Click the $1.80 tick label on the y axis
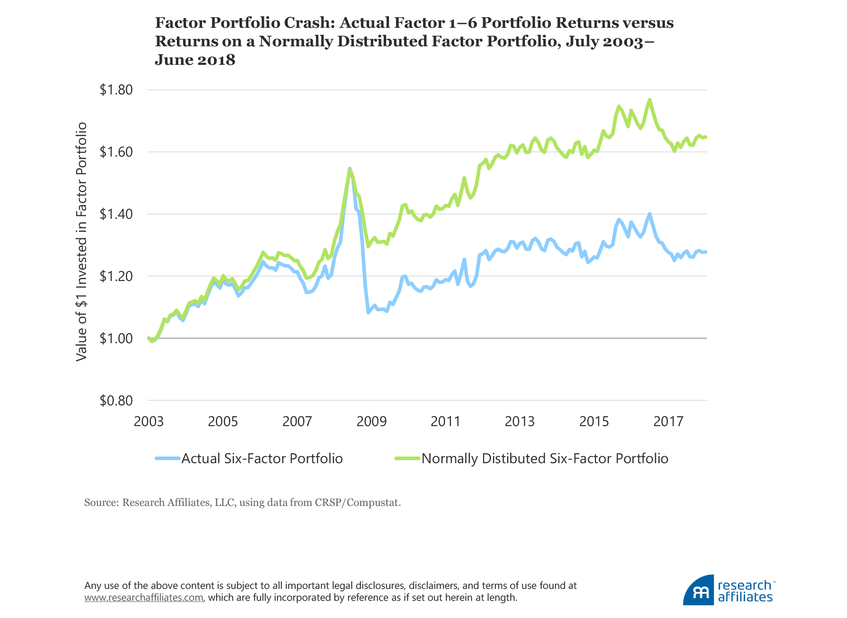point(116,90)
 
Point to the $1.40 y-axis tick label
point(116,214)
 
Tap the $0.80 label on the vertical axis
point(116,401)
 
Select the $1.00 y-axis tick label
point(116,338)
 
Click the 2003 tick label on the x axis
point(149,421)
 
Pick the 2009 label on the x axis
point(371,421)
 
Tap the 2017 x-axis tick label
point(668,421)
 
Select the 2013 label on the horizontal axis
point(520,421)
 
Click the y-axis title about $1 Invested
point(81,242)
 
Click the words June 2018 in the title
point(195,60)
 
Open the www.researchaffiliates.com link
point(144,598)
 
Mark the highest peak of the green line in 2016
point(649,100)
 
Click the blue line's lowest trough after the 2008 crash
point(368,312)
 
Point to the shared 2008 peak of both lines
point(349,169)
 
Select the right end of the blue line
point(706,252)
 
